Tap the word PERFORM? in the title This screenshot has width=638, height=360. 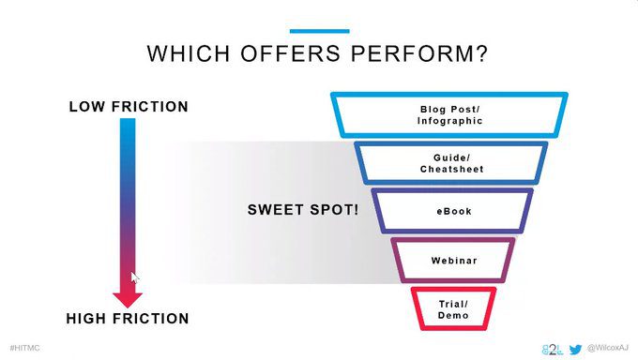[x=419, y=53]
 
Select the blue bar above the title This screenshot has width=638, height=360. [x=319, y=31]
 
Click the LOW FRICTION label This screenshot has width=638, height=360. [x=129, y=107]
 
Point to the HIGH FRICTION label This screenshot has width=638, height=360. [x=128, y=319]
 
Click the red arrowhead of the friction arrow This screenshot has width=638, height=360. [x=128, y=300]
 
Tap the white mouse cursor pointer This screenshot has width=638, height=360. [x=135, y=277]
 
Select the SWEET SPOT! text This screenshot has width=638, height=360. [x=303, y=210]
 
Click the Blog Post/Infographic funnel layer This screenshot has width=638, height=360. [x=449, y=96]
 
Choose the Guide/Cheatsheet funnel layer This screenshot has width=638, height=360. [x=451, y=144]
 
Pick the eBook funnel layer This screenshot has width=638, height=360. [x=452, y=190]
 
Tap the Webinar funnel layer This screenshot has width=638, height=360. [x=453, y=240]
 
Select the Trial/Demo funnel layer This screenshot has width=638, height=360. [x=453, y=290]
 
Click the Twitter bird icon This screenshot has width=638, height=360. [x=575, y=349]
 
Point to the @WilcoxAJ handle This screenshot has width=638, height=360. [x=607, y=348]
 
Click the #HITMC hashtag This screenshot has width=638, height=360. [x=24, y=348]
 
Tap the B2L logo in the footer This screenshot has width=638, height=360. [x=553, y=349]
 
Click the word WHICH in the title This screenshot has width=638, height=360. [x=189, y=53]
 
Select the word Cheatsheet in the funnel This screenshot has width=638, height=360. [x=451, y=170]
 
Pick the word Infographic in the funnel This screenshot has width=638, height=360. [x=449, y=121]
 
